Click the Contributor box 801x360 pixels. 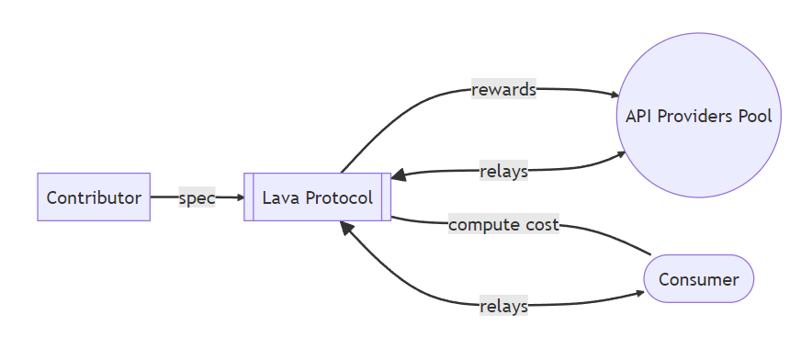[94, 197]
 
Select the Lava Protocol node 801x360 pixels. [318, 197]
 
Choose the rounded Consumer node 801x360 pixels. [699, 279]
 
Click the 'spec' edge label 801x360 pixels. [197, 197]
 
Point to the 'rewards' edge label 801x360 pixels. [503, 90]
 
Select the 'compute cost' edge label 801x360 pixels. [503, 224]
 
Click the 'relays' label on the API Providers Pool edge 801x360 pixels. [503, 172]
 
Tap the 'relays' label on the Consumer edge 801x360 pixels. [503, 306]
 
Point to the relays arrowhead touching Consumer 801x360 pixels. [639, 294]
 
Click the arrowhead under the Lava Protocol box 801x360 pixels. [345, 226]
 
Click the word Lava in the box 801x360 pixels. [281, 197]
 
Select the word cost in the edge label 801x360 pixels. [542, 224]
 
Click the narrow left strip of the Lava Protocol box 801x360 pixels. [248, 197]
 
